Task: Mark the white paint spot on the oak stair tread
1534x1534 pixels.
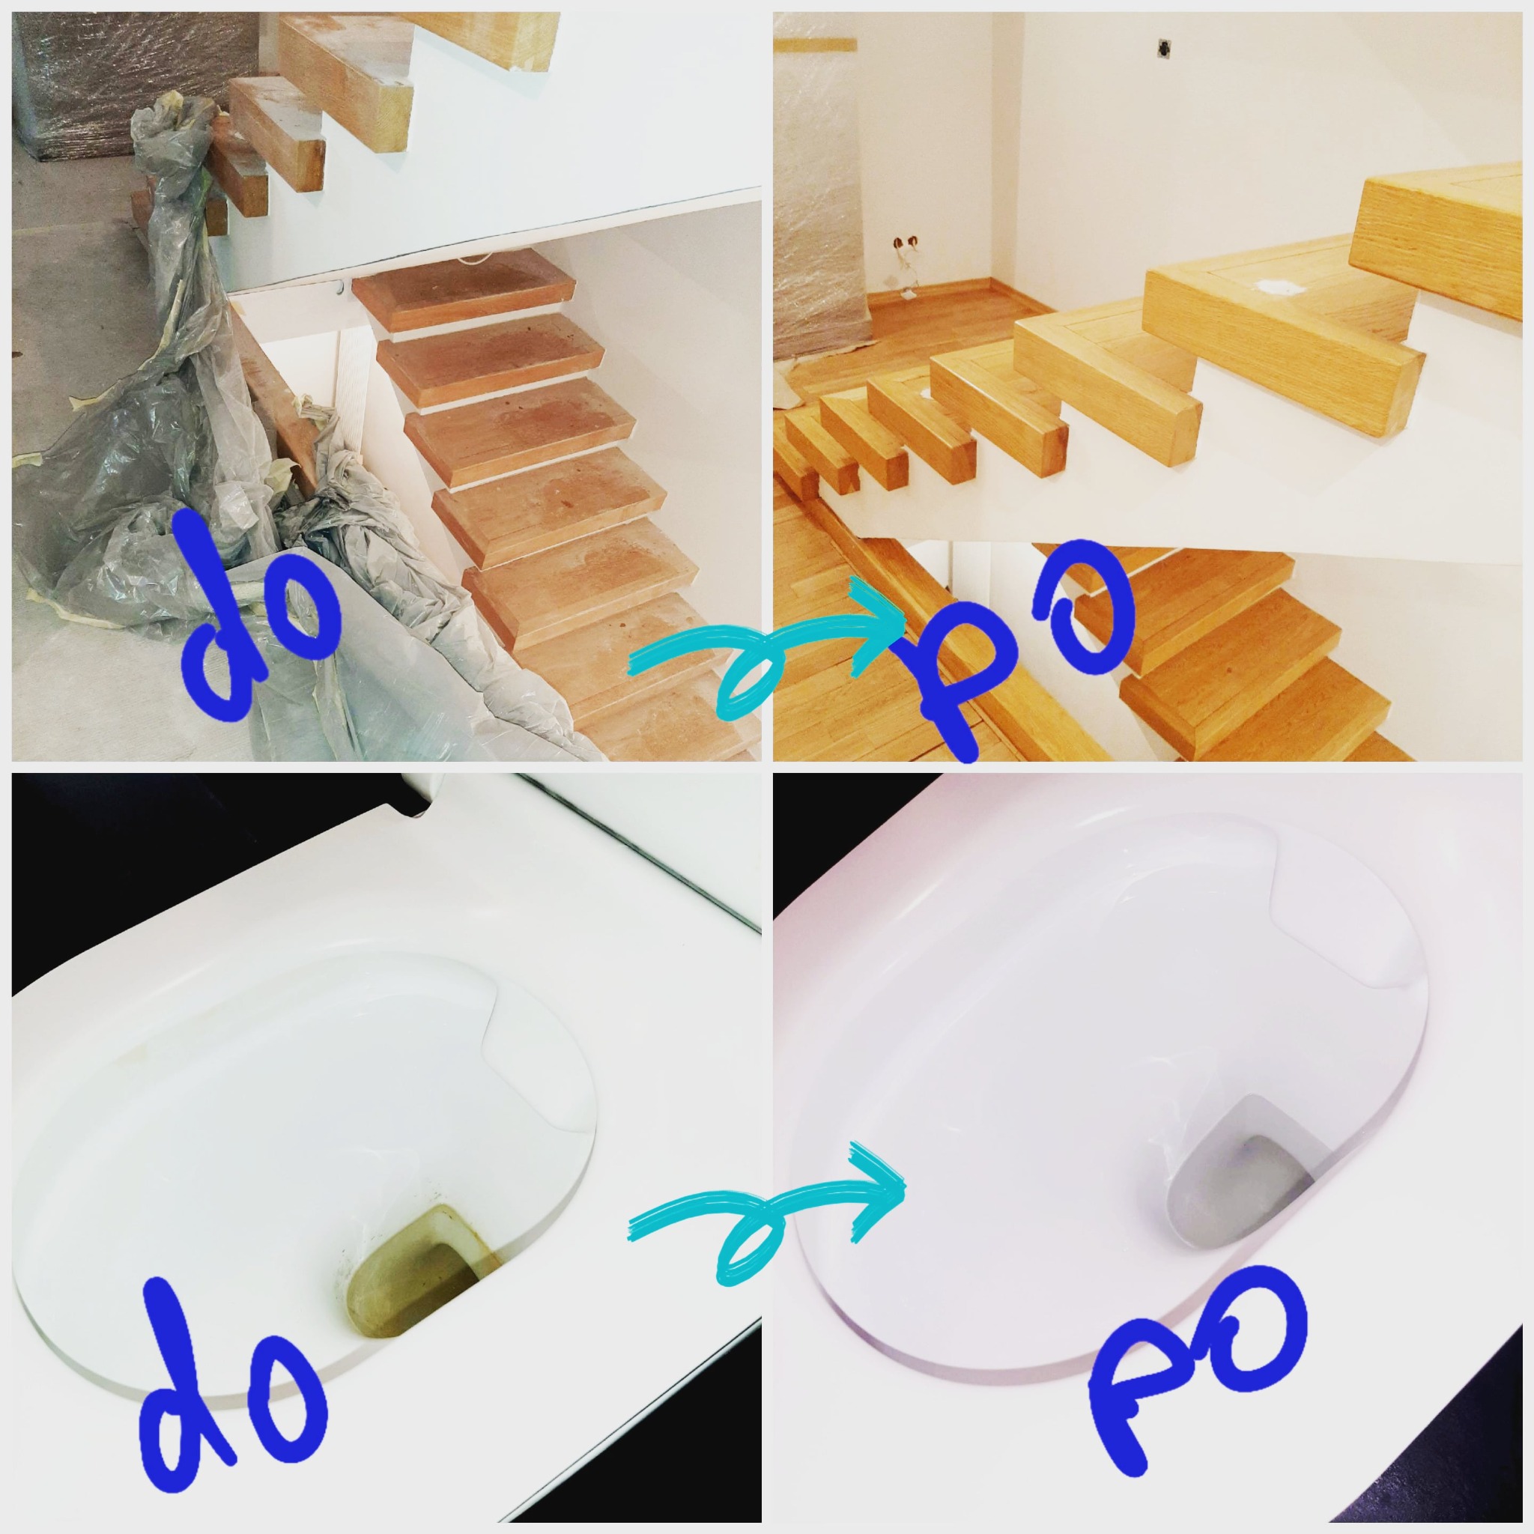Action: tap(1273, 288)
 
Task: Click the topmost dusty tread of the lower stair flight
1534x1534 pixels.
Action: tap(464, 290)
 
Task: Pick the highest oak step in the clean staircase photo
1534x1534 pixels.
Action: tap(1441, 238)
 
